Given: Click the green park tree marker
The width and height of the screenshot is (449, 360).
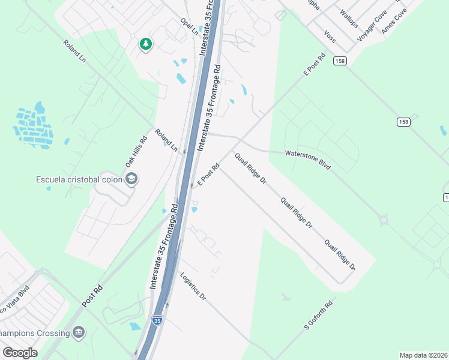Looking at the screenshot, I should [x=145, y=44].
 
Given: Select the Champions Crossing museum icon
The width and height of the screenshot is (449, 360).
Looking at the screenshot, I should [x=79, y=332].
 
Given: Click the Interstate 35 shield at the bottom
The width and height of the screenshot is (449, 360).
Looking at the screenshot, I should [x=157, y=321].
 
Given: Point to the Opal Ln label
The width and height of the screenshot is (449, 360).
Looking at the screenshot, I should [x=189, y=27].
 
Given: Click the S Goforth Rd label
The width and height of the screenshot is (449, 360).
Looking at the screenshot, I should [x=318, y=315].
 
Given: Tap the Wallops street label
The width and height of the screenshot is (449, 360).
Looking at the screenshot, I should [x=348, y=19].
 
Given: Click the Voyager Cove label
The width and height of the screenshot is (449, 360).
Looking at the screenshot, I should [x=372, y=25].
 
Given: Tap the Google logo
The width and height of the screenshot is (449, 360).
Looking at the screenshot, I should [x=20, y=352].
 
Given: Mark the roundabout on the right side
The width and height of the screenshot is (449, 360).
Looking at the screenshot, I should [x=383, y=220].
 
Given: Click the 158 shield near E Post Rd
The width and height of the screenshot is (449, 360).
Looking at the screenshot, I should [x=340, y=61].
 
